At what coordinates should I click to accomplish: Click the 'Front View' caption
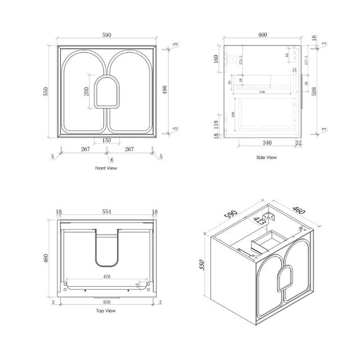[106, 168]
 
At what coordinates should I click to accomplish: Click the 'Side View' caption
[266, 157]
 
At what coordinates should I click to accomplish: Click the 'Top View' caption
[106, 310]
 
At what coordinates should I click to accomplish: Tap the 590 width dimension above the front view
[106, 35]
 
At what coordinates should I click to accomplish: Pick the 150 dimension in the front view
[106, 141]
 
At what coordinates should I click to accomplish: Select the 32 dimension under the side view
[298, 143]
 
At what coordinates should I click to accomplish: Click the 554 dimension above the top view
[106, 211]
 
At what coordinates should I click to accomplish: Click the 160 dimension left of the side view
[216, 58]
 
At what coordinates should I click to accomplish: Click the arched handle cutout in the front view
[106, 92]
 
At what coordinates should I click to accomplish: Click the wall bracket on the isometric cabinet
[271, 214]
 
